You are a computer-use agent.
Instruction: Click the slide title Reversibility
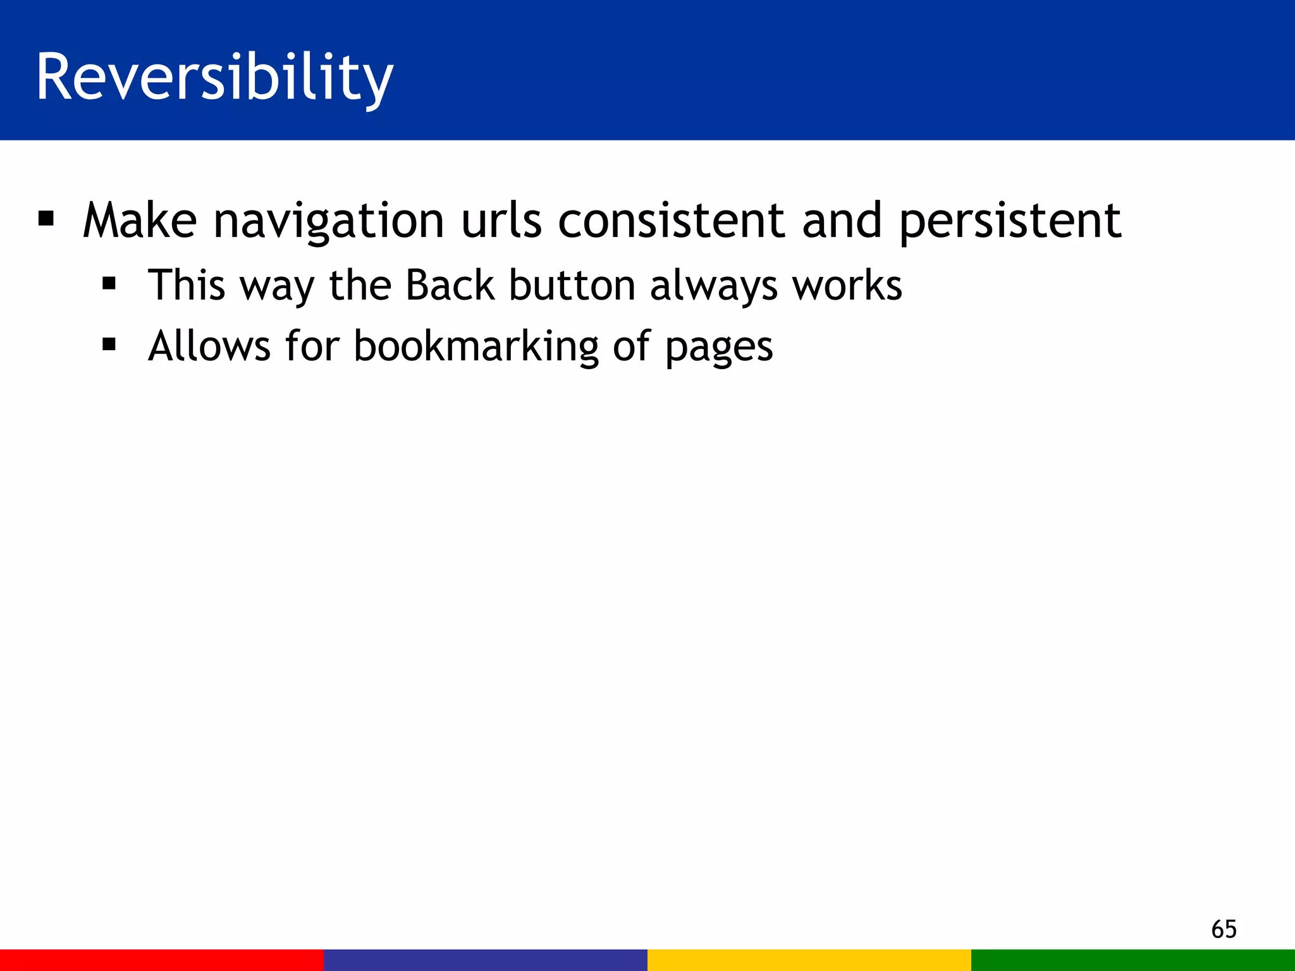pyautogui.click(x=214, y=77)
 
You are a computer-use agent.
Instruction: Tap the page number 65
pyautogui.click(x=1224, y=929)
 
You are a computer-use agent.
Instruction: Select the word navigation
pyautogui.click(x=329, y=221)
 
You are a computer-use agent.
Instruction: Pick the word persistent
pyautogui.click(x=1010, y=221)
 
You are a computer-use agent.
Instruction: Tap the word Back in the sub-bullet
pyautogui.click(x=450, y=285)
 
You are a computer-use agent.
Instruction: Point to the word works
pyautogui.click(x=847, y=285)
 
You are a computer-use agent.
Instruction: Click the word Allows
pyautogui.click(x=209, y=346)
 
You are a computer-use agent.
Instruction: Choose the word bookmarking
pyautogui.click(x=476, y=347)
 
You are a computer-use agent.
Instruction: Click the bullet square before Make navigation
pyautogui.click(x=46, y=219)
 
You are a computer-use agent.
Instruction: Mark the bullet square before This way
pyautogui.click(x=109, y=284)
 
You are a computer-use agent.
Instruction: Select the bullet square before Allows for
pyautogui.click(x=109, y=345)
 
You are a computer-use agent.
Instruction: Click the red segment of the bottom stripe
pyautogui.click(x=162, y=960)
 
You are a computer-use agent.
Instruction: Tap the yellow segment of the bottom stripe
pyautogui.click(x=809, y=960)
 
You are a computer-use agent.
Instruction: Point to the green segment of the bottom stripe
pyautogui.click(x=1133, y=960)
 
